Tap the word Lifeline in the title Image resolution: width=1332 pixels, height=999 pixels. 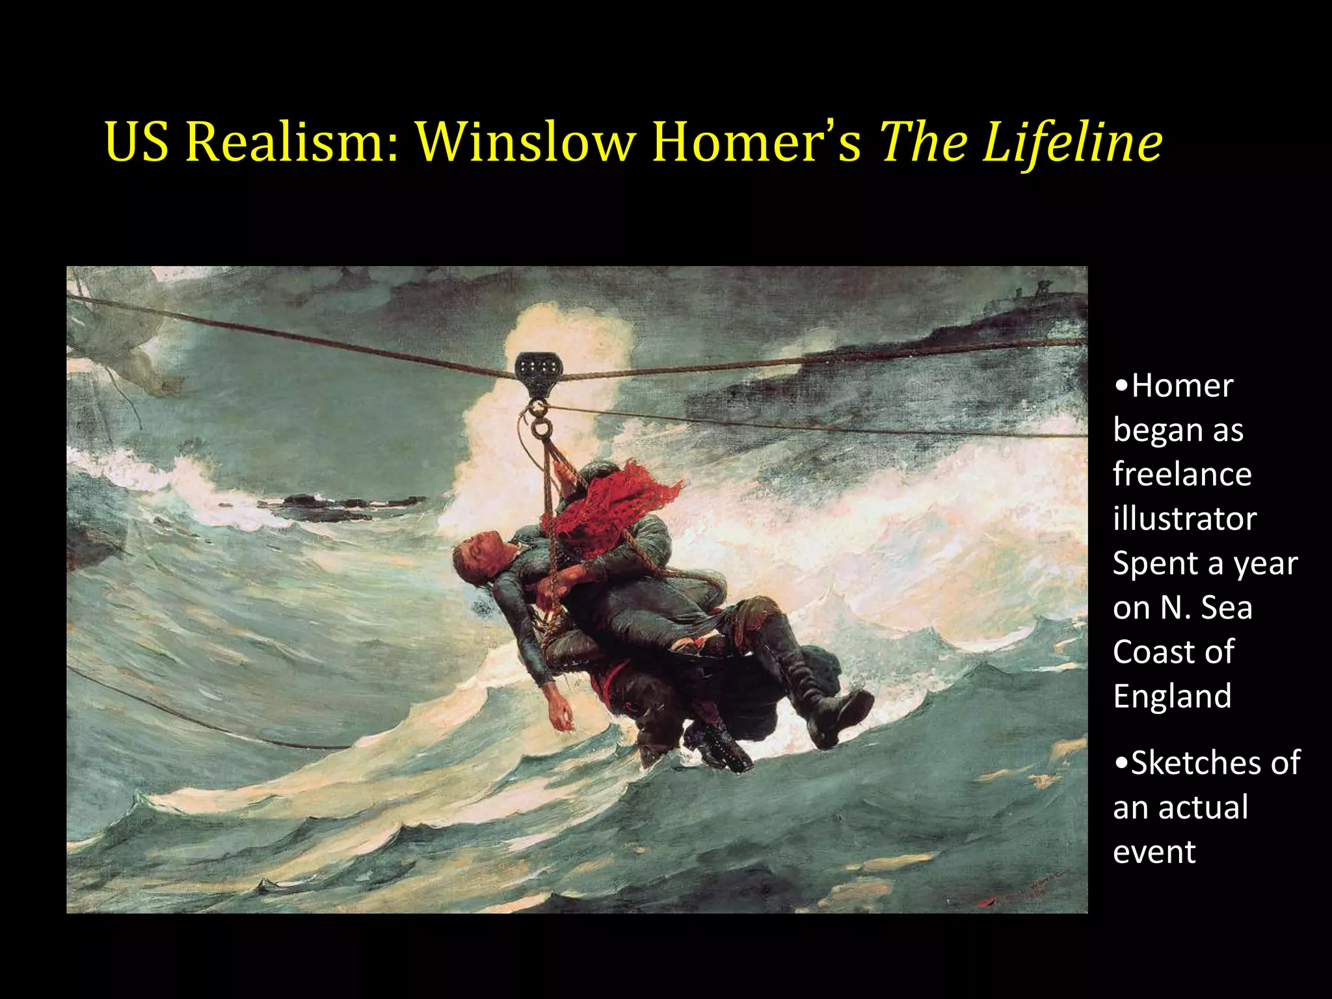coord(1072,141)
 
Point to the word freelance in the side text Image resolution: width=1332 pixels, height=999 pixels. coord(1182,473)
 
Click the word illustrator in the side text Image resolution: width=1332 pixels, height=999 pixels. coord(1184,518)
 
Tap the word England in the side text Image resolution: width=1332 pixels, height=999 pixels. coord(1172,696)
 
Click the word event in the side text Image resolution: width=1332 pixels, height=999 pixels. coord(1154,851)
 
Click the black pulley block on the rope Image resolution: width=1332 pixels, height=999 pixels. coord(537,374)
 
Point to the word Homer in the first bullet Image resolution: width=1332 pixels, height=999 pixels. coord(1182,386)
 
